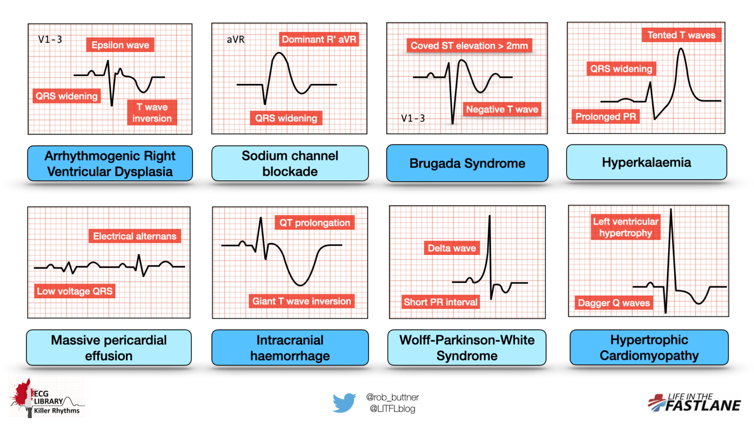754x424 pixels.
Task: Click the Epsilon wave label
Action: coord(120,45)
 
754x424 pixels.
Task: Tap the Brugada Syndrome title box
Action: coord(467,163)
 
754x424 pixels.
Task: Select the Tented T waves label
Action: coord(681,35)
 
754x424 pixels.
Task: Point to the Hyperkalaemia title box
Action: coord(646,162)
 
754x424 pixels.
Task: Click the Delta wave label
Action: coord(452,248)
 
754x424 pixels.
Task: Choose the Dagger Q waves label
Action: coord(614,303)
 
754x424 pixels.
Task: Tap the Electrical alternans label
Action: coord(135,236)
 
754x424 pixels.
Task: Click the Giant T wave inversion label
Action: coord(301,301)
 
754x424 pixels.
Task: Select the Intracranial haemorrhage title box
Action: coord(290,347)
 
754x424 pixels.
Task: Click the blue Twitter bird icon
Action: coord(344,402)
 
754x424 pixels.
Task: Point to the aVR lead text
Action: coord(236,39)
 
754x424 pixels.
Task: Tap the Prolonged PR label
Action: coord(605,116)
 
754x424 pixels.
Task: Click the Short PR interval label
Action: coord(440,302)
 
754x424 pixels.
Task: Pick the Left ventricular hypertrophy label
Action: coord(625,227)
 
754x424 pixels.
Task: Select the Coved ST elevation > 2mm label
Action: coord(469,46)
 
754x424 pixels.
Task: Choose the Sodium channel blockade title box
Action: coord(290,163)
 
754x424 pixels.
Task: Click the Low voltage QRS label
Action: coord(75,291)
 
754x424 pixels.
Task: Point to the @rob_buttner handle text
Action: coord(392,397)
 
